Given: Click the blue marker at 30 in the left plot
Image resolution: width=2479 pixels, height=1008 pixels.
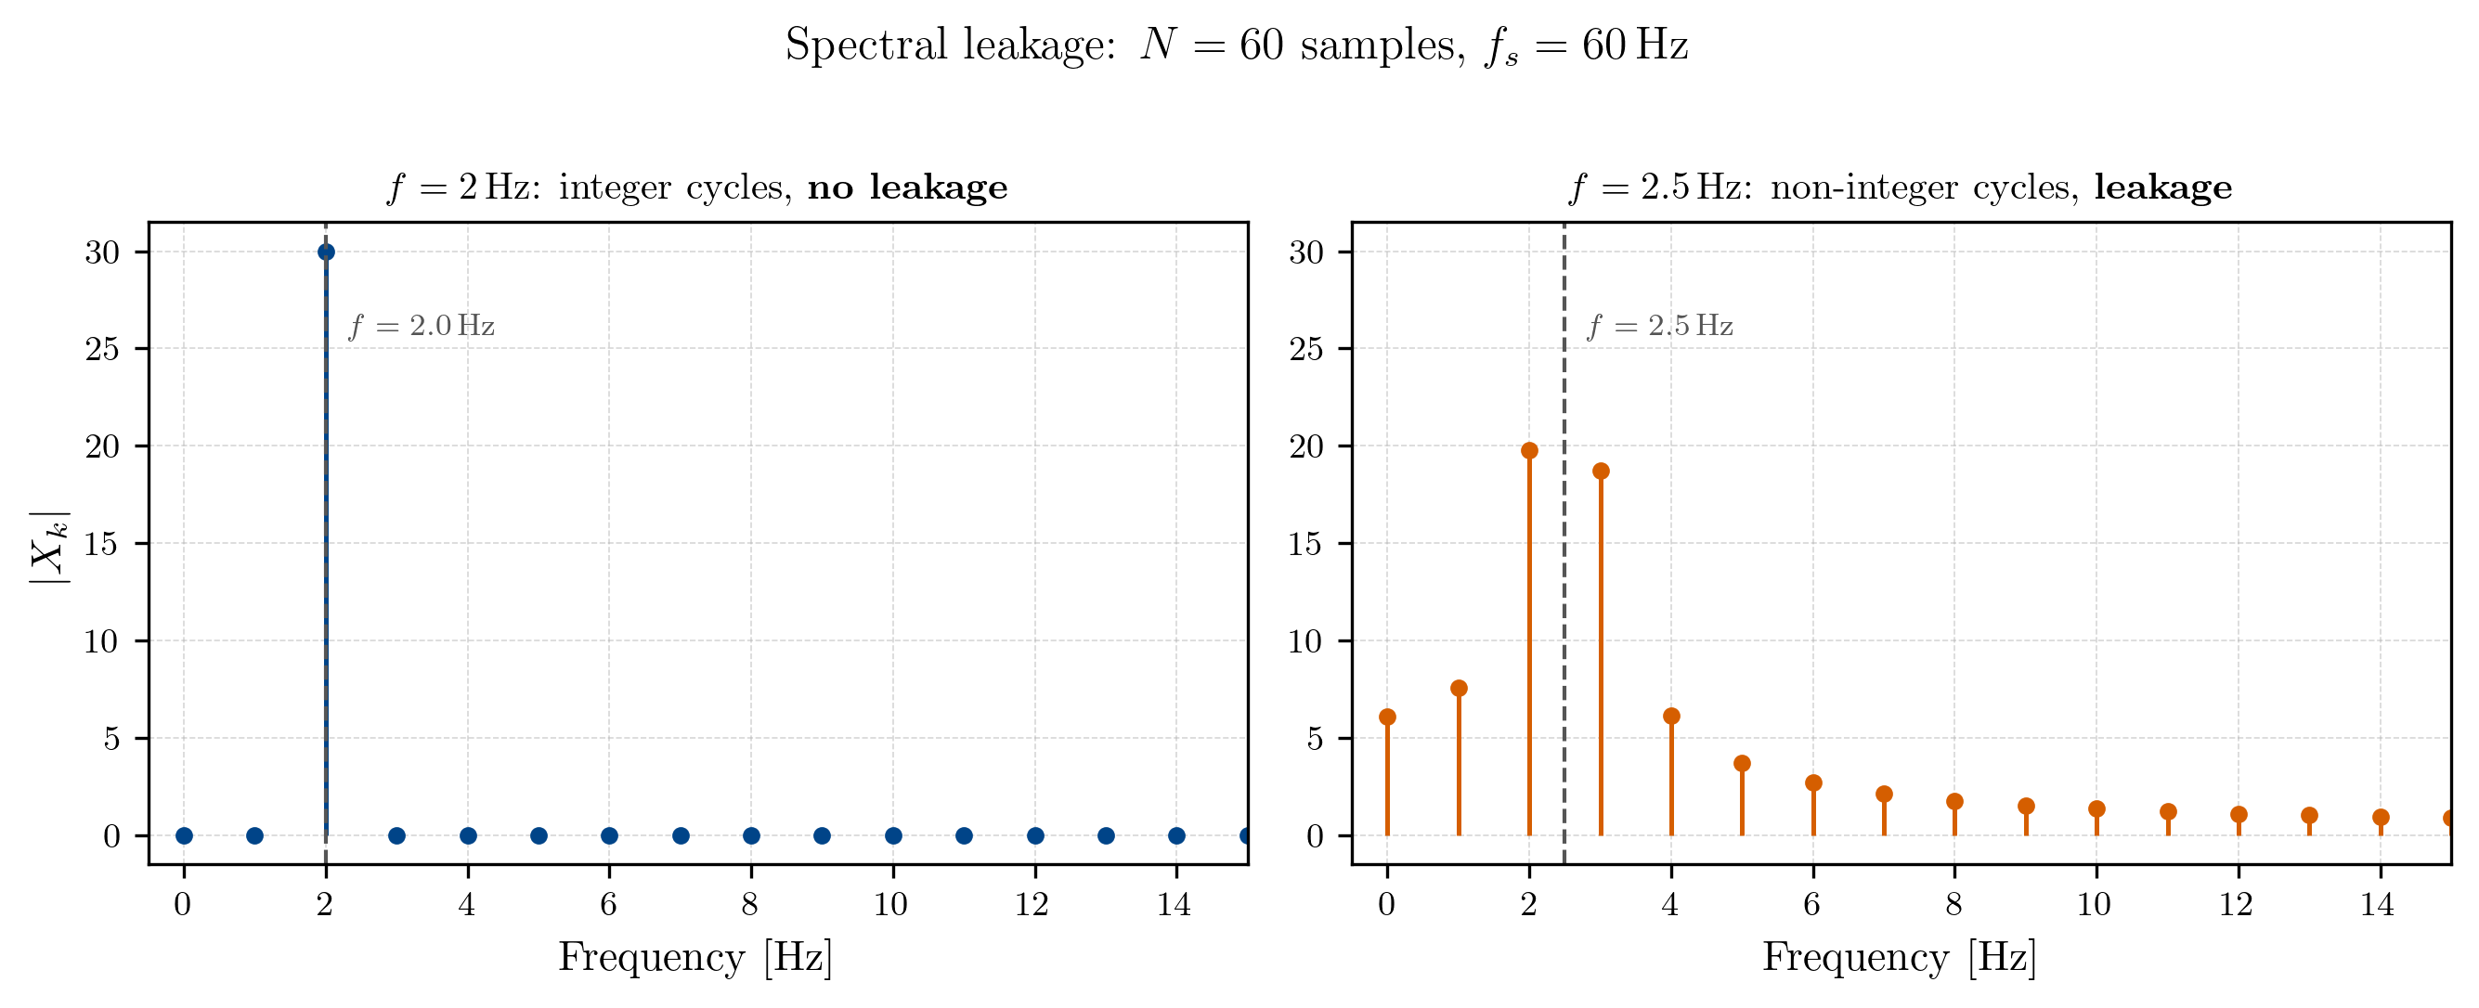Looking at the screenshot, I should [326, 252].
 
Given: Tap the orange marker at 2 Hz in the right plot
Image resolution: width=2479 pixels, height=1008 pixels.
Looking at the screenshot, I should [1529, 450].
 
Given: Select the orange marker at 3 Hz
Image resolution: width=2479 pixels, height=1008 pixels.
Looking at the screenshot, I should [1601, 471].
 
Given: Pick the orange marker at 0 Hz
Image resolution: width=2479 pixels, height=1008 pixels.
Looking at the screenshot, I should [1387, 717].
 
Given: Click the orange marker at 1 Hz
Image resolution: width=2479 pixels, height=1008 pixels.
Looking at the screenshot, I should [1458, 688].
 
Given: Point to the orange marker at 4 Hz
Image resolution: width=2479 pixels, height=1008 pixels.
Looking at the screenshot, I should [1671, 716].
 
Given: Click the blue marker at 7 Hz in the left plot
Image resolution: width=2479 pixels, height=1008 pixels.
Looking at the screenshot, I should [681, 834].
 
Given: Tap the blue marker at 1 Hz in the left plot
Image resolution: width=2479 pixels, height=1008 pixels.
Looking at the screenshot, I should [255, 834].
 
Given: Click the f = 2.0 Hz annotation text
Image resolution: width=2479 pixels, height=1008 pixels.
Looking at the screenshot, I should [422, 326].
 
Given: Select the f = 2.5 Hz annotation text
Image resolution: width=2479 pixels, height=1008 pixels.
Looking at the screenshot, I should [1660, 326].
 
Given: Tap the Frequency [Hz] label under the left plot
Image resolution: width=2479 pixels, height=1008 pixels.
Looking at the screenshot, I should [694, 958].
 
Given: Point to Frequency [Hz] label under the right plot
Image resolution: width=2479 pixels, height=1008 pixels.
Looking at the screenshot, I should [1899, 958].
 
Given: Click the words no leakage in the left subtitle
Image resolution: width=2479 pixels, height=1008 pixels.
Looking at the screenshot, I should [907, 187].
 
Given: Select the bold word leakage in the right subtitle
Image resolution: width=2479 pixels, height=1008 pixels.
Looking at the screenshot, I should [2162, 187].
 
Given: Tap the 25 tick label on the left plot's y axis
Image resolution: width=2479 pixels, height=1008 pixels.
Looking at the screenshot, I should [102, 349].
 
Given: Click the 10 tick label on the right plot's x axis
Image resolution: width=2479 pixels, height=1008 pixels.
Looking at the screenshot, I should [2094, 904].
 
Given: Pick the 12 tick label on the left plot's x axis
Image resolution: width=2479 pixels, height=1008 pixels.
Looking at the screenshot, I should [1032, 904].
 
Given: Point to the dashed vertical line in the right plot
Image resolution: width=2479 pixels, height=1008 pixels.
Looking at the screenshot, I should [1564, 577].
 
